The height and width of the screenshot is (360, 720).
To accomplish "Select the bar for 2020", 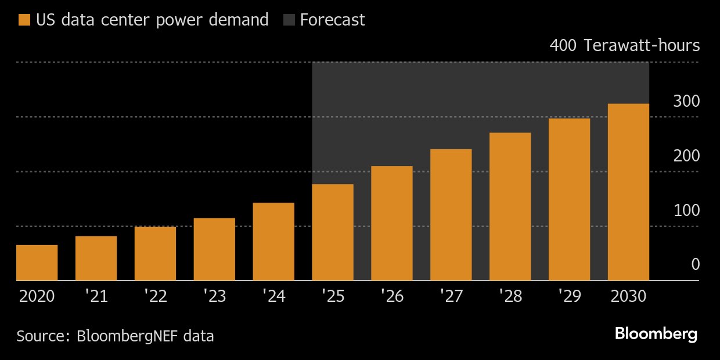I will (37, 262).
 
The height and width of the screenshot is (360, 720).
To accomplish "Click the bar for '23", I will (214, 249).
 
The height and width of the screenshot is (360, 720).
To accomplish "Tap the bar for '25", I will (333, 232).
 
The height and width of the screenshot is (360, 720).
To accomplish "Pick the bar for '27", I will (451, 215).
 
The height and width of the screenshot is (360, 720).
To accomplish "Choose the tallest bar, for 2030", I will (628, 192).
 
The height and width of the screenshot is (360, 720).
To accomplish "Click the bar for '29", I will (569, 199).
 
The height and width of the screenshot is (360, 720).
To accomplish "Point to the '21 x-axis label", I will (96, 297).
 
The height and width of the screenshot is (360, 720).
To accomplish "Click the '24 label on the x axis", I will (273, 297).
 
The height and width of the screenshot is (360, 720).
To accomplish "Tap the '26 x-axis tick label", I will (392, 297).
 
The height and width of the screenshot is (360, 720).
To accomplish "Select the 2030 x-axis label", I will (628, 297).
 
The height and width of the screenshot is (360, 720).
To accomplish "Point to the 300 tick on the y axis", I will (686, 102).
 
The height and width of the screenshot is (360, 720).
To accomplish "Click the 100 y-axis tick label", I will (686, 211).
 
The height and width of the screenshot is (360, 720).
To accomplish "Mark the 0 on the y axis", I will (695, 265).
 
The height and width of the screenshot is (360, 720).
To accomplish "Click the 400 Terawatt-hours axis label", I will (624, 46).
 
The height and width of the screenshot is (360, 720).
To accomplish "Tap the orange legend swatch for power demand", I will (24, 20).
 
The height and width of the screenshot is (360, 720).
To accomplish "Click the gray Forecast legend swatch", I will (289, 20).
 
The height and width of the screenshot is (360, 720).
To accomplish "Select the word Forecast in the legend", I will (333, 20).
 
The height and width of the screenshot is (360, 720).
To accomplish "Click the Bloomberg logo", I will (656, 334).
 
